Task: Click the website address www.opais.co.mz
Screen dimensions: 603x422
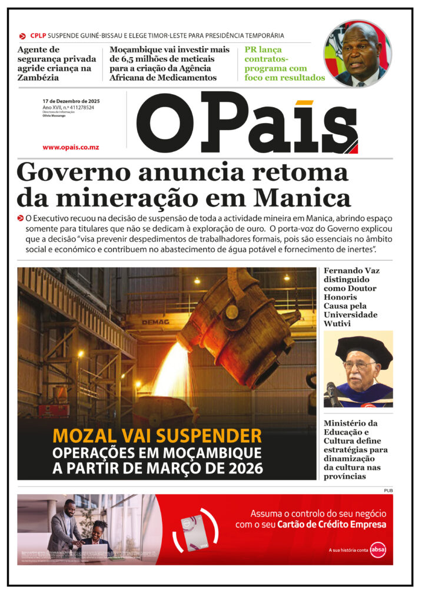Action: [71, 147]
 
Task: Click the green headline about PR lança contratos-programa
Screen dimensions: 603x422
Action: [284, 64]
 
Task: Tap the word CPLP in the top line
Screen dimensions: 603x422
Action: [38, 35]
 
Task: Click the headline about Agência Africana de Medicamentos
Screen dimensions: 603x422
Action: [170, 64]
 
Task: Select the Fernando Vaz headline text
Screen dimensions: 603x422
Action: [351, 293]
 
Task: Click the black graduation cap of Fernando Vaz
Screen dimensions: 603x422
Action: [363, 350]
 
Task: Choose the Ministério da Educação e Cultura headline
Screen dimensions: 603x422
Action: [352, 449]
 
